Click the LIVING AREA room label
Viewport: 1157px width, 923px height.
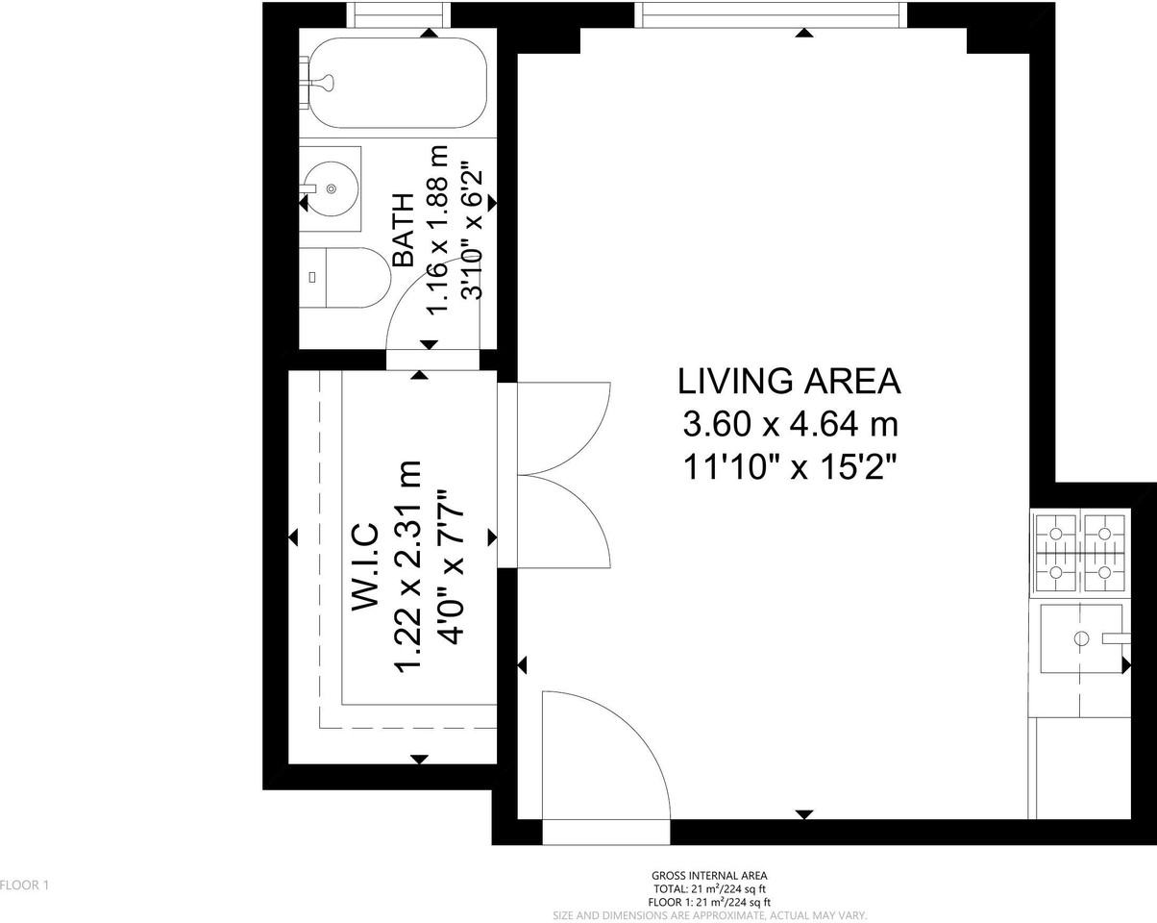tap(789, 382)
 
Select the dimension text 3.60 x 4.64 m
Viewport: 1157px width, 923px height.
tap(789, 423)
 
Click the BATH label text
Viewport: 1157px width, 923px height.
tap(405, 230)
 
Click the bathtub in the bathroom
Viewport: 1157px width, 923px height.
tap(398, 83)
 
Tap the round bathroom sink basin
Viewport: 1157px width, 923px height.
tap(330, 188)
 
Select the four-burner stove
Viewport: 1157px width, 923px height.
tap(1079, 553)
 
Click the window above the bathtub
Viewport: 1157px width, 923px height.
tap(398, 14)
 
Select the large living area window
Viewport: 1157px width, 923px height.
tap(771, 14)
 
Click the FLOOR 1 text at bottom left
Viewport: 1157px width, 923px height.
tap(24, 885)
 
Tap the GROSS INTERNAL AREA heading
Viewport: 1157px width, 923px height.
tap(709, 876)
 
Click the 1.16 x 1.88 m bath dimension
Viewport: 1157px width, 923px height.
tap(438, 230)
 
